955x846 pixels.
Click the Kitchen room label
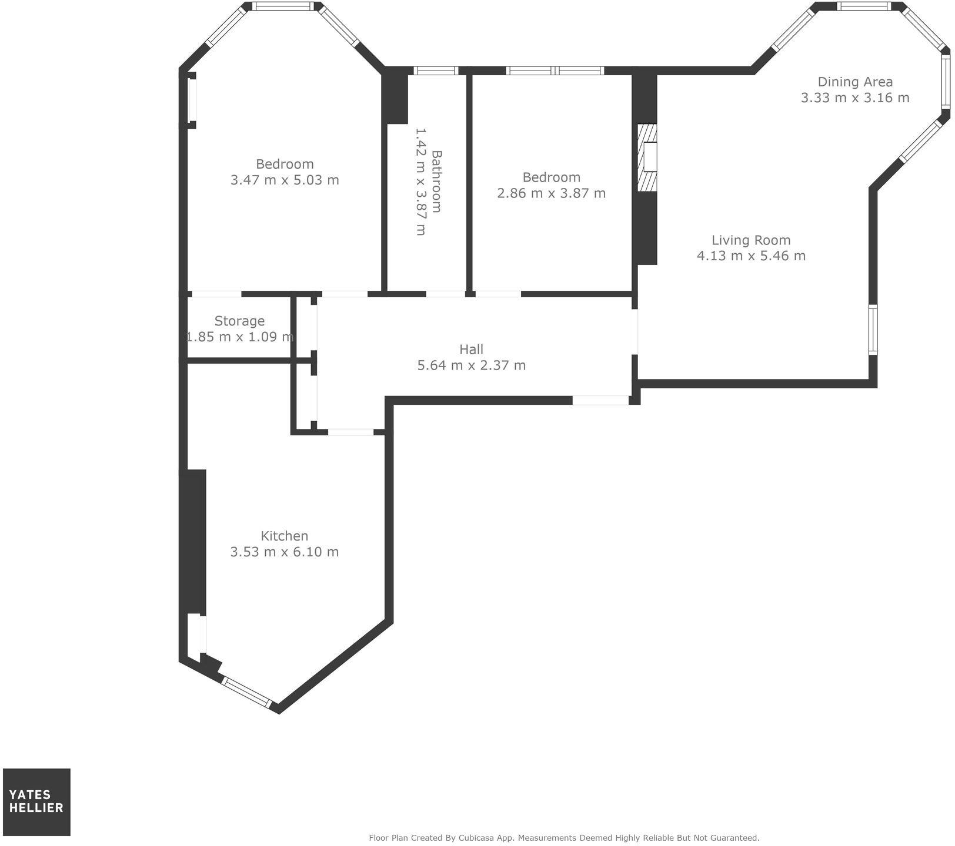point(284,536)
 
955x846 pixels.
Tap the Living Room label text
point(751,240)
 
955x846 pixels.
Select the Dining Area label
point(855,82)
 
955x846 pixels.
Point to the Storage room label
point(239,321)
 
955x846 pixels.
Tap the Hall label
point(471,350)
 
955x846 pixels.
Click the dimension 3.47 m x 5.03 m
point(285,180)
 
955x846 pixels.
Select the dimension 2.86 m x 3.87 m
point(551,193)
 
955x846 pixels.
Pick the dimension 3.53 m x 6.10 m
point(284,552)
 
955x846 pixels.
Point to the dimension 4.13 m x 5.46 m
point(751,256)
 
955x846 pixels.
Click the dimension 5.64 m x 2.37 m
point(471,365)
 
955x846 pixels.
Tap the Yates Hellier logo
point(36,802)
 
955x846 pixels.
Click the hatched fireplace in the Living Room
point(647,157)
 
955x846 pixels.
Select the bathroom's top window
point(436,70)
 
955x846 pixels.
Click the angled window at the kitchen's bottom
point(248,693)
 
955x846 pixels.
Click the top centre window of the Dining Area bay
point(864,6)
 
